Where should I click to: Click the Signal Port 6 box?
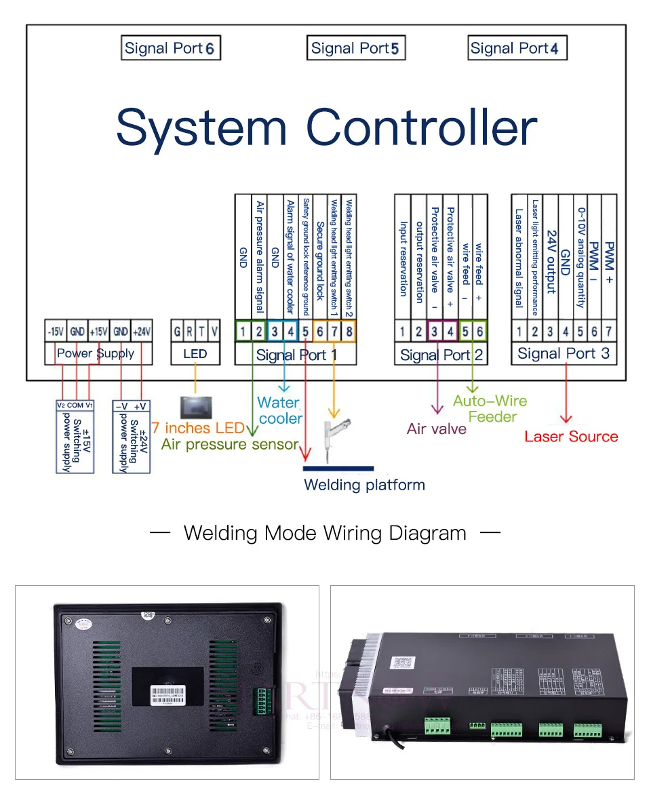171,48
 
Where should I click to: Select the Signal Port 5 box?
355,48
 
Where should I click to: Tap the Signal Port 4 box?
517,48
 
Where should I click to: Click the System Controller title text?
326,127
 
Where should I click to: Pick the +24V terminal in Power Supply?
142,332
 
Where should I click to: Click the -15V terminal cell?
56,332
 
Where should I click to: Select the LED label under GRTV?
195,353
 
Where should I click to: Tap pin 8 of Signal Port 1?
349,332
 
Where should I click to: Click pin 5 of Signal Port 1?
305,332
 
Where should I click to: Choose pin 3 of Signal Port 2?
434,332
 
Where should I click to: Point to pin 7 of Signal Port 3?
609,332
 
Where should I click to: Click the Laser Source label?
571,437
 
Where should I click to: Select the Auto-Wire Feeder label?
491,409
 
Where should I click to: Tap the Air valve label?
437,429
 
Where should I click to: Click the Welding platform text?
364,485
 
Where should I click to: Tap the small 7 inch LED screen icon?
195,407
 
